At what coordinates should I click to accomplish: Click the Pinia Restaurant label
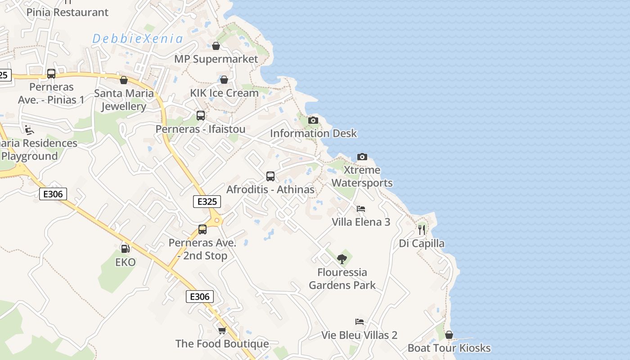pos(67,12)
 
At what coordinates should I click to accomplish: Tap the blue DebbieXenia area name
pos(138,39)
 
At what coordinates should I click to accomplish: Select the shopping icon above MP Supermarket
pos(216,46)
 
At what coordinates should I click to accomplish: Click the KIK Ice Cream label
pos(224,93)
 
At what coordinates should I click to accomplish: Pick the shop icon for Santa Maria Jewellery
pos(124,80)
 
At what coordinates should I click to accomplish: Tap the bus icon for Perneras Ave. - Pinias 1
pos(51,74)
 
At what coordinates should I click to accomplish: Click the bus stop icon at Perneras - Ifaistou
pos(201,116)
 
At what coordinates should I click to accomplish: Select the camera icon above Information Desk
pos(313,120)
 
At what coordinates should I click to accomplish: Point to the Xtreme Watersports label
pos(362,176)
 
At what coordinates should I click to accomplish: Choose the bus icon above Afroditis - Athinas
pos(270,176)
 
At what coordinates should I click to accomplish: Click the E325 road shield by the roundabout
pos(207,202)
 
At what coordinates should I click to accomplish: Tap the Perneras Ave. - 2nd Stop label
pos(202,249)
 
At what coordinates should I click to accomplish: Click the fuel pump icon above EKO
pos(125,248)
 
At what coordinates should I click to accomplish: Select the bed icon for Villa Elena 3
pos(361,209)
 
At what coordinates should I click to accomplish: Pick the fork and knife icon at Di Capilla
pos(422,230)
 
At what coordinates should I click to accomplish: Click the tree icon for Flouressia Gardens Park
pos(342,259)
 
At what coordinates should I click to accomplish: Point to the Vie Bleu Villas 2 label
pos(359,335)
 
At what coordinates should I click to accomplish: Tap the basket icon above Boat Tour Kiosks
pos(449,335)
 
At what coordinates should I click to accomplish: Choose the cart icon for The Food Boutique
pos(222,331)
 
